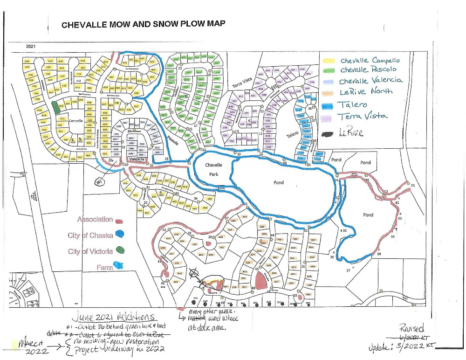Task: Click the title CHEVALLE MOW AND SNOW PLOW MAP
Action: point(137,25)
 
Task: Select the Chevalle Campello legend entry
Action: point(370,61)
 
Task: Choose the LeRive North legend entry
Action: point(366,91)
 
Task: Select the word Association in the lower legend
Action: point(95,219)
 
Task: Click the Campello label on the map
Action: point(75,121)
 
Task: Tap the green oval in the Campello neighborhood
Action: point(56,107)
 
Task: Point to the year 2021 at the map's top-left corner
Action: point(31,47)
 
